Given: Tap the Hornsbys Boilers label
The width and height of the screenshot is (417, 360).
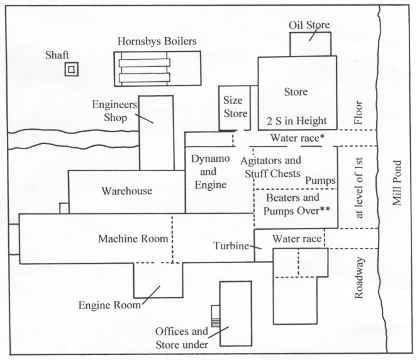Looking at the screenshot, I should tap(157, 42).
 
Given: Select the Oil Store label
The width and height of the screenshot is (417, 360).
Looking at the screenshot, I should tap(309, 25).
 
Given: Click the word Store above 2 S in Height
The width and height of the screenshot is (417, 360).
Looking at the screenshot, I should tap(296, 92).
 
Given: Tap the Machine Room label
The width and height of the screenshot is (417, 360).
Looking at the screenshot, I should tap(133, 239).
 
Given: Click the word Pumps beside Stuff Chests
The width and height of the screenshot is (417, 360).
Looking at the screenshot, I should tap(320, 181).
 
